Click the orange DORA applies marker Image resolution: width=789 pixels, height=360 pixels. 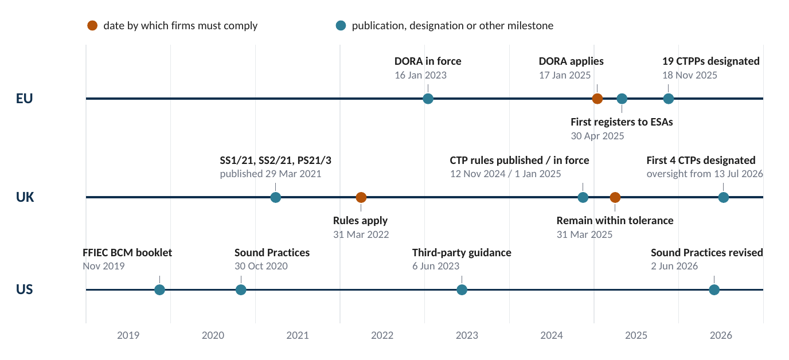pos(597,99)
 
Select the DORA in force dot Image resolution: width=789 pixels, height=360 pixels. pos(428,99)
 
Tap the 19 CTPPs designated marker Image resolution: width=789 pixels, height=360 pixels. pos(668,99)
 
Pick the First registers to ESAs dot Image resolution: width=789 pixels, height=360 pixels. pos(622,99)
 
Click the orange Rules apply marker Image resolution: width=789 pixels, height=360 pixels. pos(361,197)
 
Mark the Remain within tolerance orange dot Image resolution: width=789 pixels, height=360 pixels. pos(615,197)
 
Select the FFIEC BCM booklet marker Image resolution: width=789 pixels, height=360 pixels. pos(159,290)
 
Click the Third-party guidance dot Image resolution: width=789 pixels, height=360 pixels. pos(462,290)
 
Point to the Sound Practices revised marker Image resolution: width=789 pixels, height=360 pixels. pos(714,290)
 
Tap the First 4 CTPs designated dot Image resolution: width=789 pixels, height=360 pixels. pos(724,197)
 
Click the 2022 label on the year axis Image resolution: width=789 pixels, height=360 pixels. pos(382,335)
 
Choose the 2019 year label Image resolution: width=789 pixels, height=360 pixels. pos(128,335)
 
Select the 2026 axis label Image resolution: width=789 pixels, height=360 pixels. pos(721,335)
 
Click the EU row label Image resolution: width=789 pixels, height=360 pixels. pos(24,99)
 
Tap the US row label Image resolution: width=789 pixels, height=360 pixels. pos(24,289)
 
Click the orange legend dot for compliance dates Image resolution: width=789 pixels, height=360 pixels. pos(92,25)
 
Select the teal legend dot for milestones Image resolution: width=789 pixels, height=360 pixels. pos(341,25)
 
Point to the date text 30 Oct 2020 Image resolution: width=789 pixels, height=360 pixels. pos(261,266)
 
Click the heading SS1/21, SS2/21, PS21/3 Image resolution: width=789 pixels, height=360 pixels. pos(275,161)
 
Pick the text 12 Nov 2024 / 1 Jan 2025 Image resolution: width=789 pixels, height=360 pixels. pos(506,174)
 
